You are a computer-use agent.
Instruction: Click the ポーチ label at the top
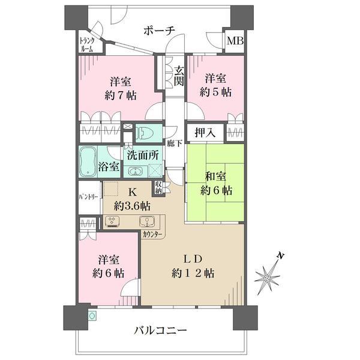coord(160,31)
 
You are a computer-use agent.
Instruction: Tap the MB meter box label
coord(235,41)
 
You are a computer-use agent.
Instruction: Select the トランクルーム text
coord(86,45)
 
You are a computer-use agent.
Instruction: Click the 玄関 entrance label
coord(179,76)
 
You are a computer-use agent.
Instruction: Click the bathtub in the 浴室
coord(88,162)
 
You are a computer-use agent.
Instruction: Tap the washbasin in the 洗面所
coord(135,171)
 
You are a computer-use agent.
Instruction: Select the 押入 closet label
coord(205,133)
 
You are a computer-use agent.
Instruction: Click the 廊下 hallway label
coord(175,144)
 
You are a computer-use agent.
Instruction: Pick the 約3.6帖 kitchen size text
coord(132,206)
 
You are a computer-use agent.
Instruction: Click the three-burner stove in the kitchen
coord(112,221)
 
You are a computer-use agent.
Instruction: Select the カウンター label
coord(152,235)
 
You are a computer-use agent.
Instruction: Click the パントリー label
coord(89,197)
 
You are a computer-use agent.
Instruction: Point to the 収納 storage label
coord(158,187)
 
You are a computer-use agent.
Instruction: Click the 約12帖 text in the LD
coord(193,274)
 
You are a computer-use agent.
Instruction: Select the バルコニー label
coord(160,331)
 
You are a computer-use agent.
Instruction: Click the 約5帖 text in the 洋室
coord(215,92)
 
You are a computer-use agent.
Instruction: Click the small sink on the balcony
coord(92,316)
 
